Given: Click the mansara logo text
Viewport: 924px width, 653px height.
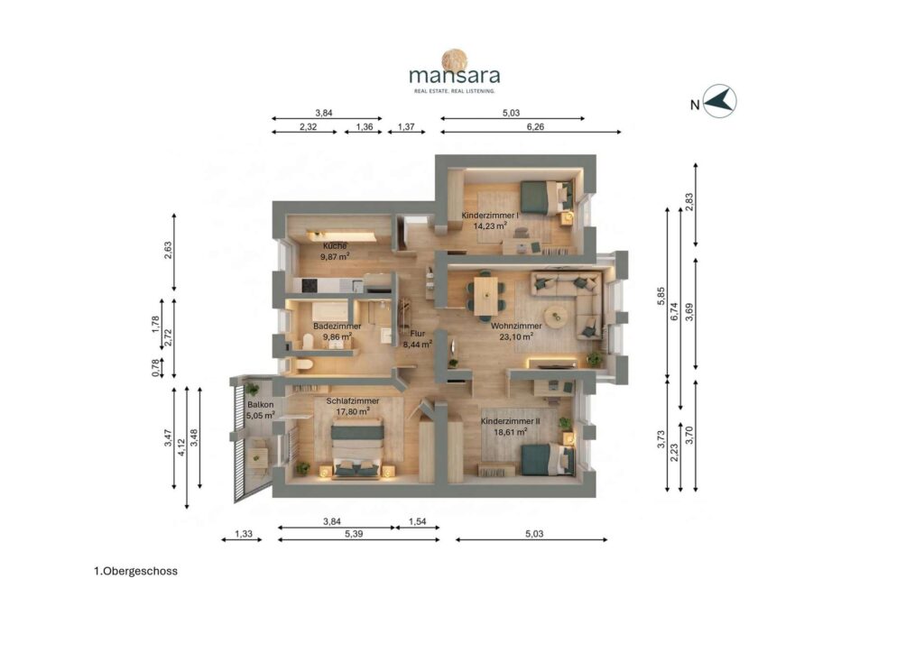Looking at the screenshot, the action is (x=455, y=76).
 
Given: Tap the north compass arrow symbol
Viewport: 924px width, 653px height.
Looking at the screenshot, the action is (x=720, y=101).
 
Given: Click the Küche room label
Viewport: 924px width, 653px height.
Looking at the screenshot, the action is (x=335, y=246).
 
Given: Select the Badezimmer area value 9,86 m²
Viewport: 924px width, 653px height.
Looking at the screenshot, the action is (x=337, y=336).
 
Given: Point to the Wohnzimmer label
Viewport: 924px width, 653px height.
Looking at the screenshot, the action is (x=516, y=326).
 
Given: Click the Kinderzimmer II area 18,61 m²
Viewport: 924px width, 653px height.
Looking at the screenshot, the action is (x=511, y=432).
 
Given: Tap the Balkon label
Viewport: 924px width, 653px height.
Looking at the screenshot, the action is (x=261, y=405).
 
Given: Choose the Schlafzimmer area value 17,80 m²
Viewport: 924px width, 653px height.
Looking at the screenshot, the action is (x=353, y=411).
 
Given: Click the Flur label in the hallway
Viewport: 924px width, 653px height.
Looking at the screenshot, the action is (x=417, y=334).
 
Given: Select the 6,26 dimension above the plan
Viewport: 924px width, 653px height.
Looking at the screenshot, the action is (x=535, y=126).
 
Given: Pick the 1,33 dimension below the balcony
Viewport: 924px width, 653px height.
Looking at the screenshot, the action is (x=244, y=534).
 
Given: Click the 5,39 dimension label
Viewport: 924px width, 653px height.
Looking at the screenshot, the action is (x=354, y=534).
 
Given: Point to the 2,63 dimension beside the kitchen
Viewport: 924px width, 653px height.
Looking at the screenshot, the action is (x=168, y=250).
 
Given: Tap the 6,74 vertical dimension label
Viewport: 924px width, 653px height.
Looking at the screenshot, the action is (x=674, y=311).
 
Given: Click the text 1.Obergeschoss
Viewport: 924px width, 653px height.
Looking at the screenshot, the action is (x=135, y=571).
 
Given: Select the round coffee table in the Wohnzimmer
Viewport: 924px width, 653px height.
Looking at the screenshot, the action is (x=556, y=317).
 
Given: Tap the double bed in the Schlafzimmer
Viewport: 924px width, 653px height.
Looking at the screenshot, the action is (x=357, y=448).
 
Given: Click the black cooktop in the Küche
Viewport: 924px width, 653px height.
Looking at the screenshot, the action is (x=310, y=286).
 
